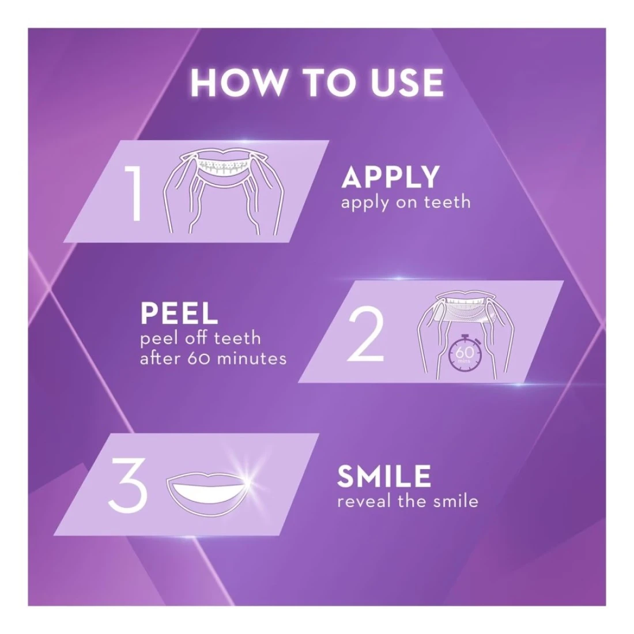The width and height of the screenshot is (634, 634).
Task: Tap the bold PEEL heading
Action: (x=179, y=314)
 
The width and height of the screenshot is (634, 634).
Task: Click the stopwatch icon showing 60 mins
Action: (x=465, y=353)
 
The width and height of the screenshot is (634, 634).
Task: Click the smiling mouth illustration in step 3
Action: (x=208, y=491)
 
